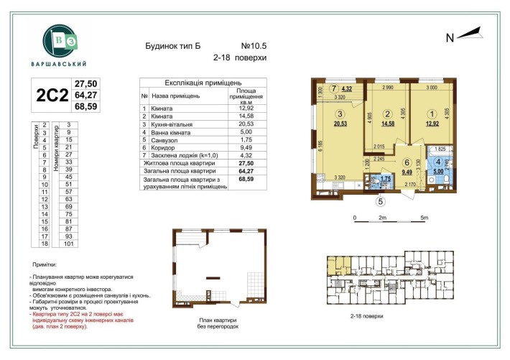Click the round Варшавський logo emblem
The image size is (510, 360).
pos(58,40)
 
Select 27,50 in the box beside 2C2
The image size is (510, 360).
pos(86,83)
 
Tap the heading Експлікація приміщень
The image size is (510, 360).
pos(200,83)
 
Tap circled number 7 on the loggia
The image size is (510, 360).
pos(333,88)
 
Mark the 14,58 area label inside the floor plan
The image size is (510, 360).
pos(388,124)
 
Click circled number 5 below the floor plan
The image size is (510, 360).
pos(381,201)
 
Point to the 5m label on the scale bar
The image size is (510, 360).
pos(425,217)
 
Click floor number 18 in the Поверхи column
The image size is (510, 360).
pos(45,244)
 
